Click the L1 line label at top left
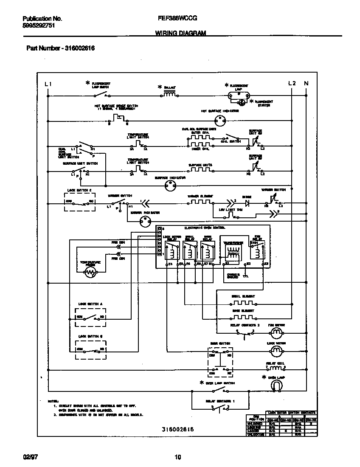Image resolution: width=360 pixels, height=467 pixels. point(48,84)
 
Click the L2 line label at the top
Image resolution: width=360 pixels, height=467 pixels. point(292,83)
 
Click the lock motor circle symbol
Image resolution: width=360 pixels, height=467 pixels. point(276,350)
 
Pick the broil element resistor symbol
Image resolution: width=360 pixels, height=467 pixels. point(243,304)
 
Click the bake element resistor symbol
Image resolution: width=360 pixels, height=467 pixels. point(243,317)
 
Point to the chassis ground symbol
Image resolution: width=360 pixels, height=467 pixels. point(245,276)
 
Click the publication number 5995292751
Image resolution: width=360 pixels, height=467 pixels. point(39,25)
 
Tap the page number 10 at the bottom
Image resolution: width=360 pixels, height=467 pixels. point(178,457)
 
